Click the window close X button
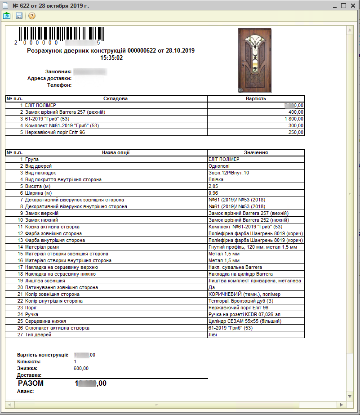pyautogui.click(x=353, y=6)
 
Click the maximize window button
pyautogui.click(x=343, y=6)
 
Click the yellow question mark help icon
pyautogui.click(x=32, y=16)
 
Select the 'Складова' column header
pyautogui.click(x=116, y=98)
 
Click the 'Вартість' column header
pyautogui.click(x=256, y=98)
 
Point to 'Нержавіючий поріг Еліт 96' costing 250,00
pyautogui.click(x=54, y=132)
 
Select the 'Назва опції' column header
pyautogui.click(x=116, y=152)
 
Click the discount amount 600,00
pyautogui.click(x=81, y=368)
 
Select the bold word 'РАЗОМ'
pyautogui.click(x=31, y=384)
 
